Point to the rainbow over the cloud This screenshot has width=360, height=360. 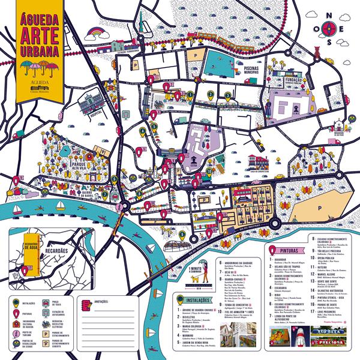95,30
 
